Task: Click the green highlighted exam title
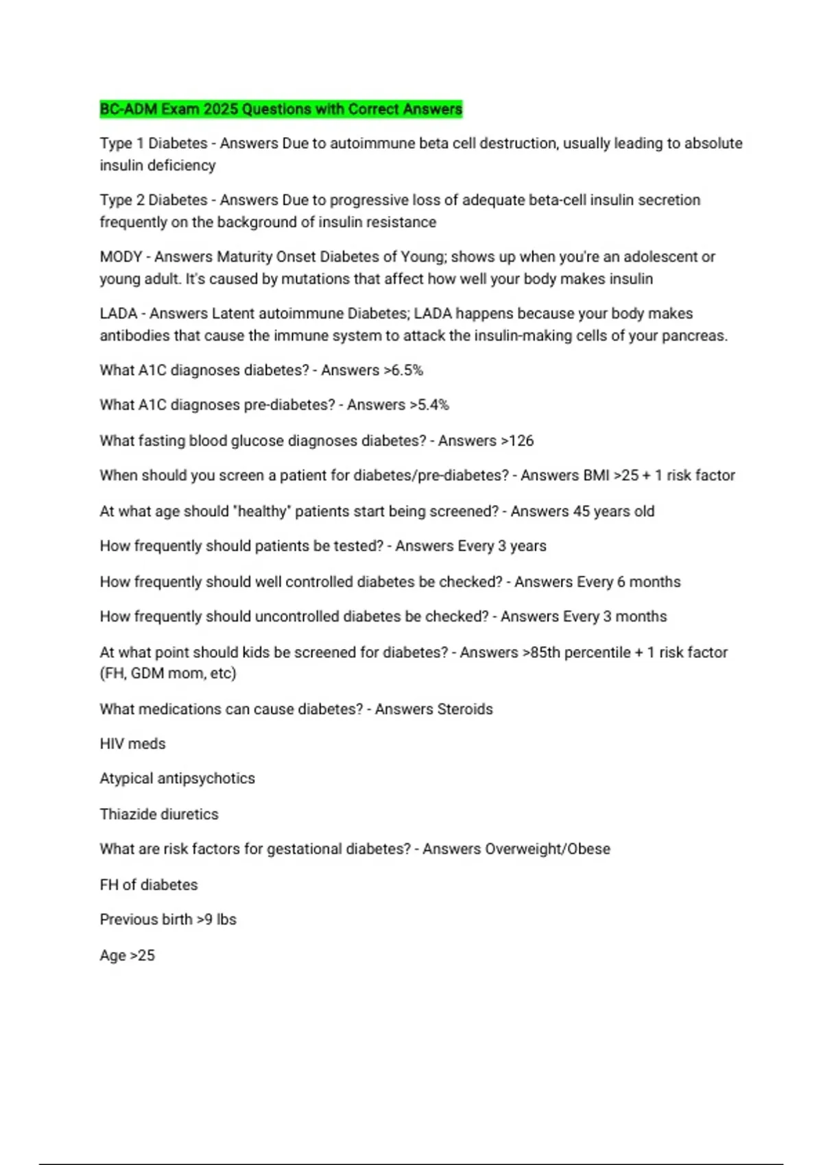coord(281,109)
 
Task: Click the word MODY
coord(121,257)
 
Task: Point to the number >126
coord(517,441)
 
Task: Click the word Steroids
coord(464,709)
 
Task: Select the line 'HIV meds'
coord(132,744)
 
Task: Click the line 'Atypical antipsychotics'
coord(177,778)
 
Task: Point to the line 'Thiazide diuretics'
coord(159,814)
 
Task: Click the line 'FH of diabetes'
coord(148,885)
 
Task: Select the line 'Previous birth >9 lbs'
coord(168,920)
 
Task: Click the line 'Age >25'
coord(127,955)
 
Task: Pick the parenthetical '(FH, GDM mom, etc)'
coord(168,674)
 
